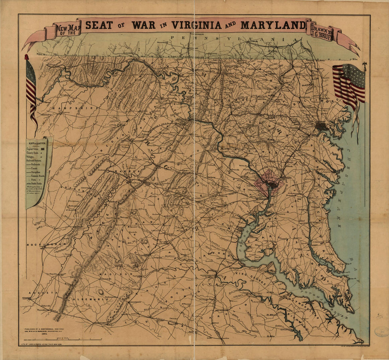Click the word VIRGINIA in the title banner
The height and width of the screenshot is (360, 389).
pyautogui.click(x=196, y=25)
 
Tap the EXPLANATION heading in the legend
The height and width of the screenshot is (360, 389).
pyautogui.click(x=37, y=143)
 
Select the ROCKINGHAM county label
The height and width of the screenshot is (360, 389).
pyautogui.click(x=41, y=244)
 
